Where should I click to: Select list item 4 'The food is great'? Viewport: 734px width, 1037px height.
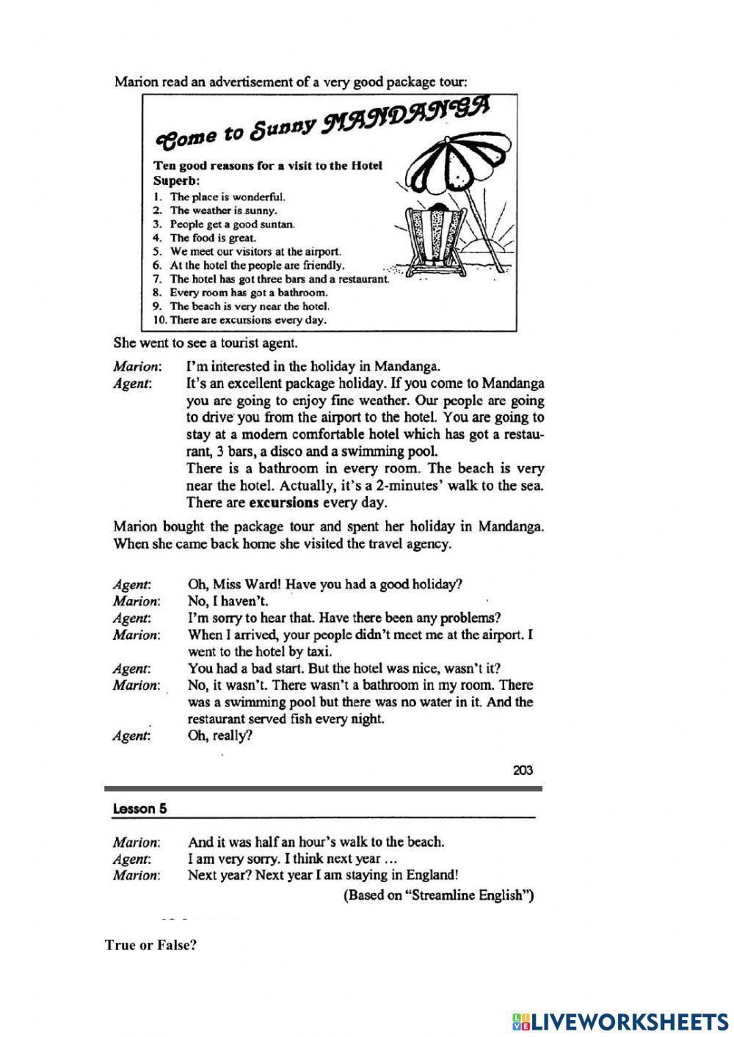[213, 238]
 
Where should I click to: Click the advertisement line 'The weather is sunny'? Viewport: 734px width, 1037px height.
[223, 211]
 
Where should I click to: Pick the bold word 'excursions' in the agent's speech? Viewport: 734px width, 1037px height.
[284, 503]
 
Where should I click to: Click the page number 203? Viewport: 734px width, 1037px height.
[523, 770]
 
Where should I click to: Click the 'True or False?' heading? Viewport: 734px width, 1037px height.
[151, 945]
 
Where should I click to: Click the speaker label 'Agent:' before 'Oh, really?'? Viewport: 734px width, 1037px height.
[132, 736]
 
